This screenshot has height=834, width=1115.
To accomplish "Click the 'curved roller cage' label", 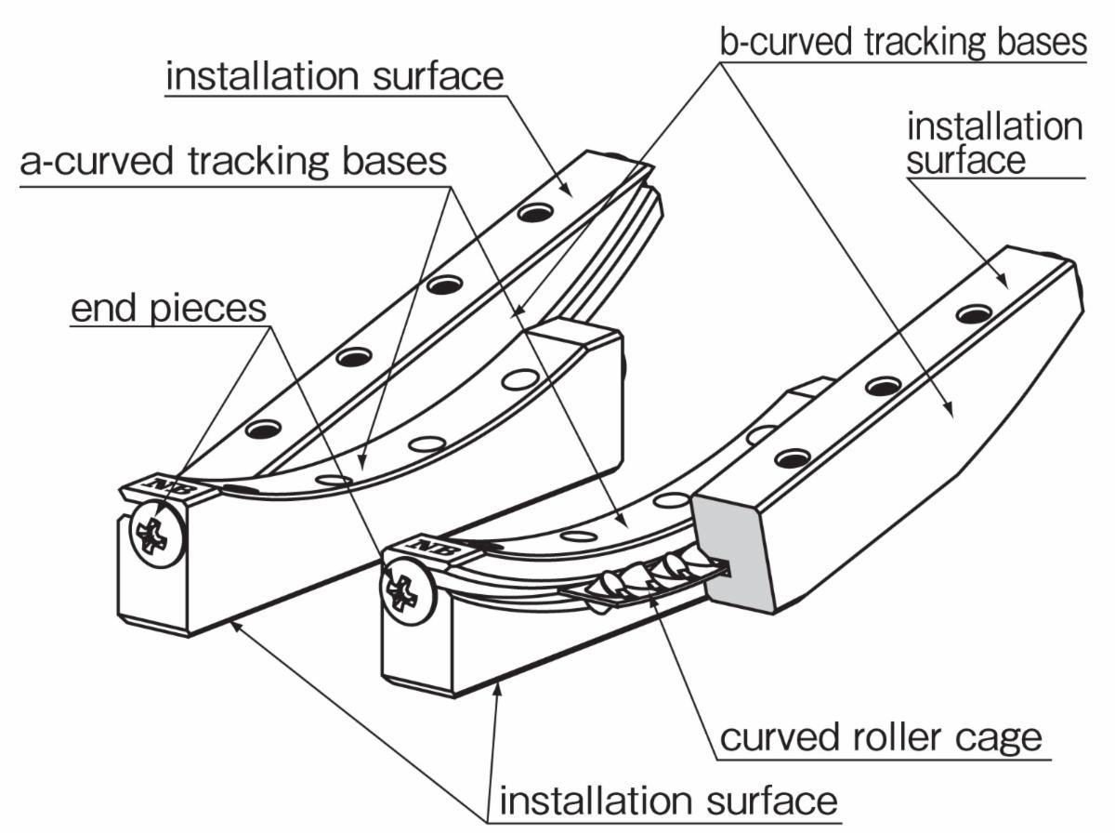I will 881,739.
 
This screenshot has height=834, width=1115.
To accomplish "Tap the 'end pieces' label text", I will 169,309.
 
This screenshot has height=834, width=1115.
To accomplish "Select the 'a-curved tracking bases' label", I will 233,162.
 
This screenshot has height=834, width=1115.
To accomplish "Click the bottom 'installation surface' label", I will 669,801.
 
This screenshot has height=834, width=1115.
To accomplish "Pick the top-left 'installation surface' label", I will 334,76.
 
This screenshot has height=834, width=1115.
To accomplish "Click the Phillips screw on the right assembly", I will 409,591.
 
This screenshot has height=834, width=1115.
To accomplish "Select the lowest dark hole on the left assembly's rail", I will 263,429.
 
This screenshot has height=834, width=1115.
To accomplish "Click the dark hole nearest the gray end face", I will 792,457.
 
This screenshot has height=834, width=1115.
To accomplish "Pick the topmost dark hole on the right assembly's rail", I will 973,314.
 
